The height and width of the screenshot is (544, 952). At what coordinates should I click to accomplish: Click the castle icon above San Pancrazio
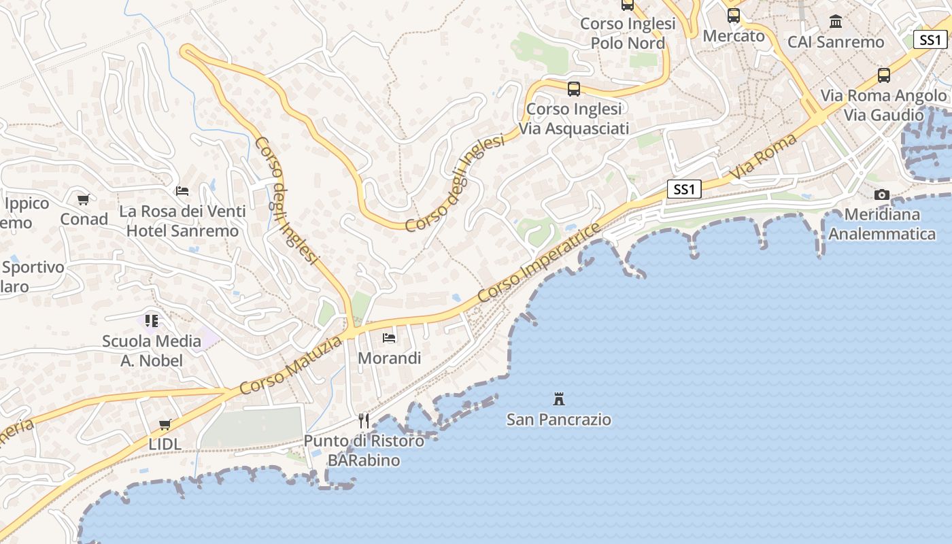tap(559, 398)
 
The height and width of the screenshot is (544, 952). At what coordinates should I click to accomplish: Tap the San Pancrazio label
tap(559, 420)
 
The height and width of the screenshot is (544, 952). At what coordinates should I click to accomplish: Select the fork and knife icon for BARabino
tap(364, 421)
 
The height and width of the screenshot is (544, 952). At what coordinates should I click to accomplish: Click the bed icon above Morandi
tap(389, 337)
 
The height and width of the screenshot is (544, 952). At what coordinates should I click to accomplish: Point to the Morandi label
tap(390, 358)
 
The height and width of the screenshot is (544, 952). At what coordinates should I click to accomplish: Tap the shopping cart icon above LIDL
tap(165, 425)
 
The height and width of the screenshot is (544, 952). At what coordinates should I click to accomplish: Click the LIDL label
tap(165, 444)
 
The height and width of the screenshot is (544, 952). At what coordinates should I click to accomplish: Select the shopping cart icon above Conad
tap(84, 200)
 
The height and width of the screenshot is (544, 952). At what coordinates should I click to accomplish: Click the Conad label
tap(84, 219)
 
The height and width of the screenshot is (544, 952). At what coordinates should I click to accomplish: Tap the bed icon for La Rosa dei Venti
tap(182, 191)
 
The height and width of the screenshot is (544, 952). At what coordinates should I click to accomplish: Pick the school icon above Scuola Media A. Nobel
tap(152, 320)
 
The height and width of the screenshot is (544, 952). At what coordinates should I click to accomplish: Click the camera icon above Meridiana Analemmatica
tap(882, 195)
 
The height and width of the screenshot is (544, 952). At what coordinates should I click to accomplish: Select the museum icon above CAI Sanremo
tap(836, 22)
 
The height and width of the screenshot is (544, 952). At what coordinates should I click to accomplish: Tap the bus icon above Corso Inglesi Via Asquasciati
tap(574, 89)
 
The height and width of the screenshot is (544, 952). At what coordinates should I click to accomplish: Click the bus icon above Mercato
tap(733, 16)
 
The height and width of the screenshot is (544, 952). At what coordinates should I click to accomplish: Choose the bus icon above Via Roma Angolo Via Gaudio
tap(884, 75)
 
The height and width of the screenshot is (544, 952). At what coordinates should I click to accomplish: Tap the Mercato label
tap(734, 35)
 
